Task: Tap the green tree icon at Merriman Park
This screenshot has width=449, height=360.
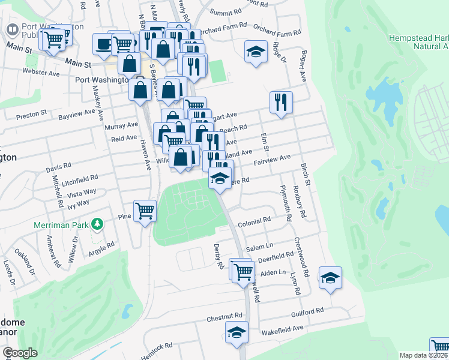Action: (97, 224)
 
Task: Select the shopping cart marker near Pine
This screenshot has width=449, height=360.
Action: (145, 211)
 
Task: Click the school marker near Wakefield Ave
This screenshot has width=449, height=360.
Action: (237, 332)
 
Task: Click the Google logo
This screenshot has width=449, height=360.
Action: (20, 353)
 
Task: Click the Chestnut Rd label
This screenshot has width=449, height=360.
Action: (224, 316)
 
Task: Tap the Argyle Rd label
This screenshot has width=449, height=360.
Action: (102, 247)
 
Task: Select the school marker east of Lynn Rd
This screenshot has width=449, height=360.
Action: (330, 277)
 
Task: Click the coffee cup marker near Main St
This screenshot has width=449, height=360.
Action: (103, 44)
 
